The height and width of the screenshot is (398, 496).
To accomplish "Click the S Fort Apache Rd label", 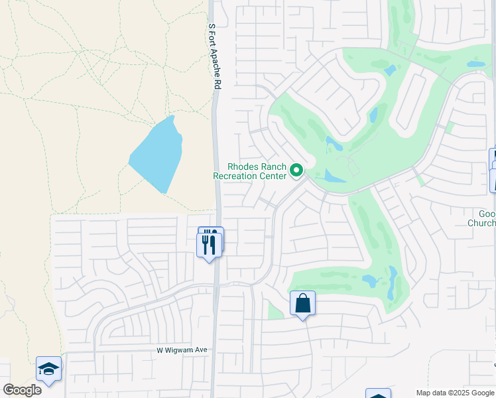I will pos(213,56).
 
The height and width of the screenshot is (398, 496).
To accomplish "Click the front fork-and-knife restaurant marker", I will pos(209,245).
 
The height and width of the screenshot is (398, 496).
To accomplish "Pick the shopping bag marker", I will pos(302,304).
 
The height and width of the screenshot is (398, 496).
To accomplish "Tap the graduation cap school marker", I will pos(48,369).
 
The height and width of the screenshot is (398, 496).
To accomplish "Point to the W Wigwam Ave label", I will pos(182,350).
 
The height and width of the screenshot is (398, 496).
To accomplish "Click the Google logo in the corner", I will pos(22,390).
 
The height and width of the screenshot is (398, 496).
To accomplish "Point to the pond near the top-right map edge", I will pos(475,65).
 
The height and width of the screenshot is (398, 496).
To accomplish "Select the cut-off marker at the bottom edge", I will pos(378,394).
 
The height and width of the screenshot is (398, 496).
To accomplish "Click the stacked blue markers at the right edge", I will pos(493,170).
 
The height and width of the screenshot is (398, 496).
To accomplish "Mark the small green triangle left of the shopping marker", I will pos(275,310).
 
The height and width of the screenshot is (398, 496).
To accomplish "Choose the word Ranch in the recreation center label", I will pos(274,166).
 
